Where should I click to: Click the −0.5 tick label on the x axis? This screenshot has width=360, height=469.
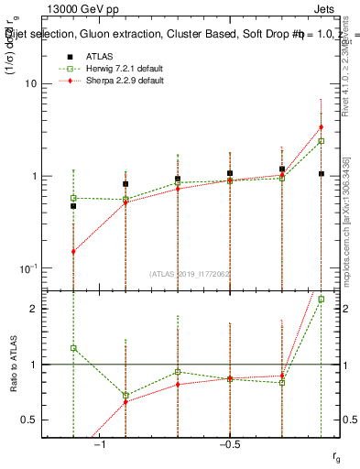tap(229, 443)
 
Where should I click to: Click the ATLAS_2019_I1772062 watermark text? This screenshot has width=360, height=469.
tap(191, 274)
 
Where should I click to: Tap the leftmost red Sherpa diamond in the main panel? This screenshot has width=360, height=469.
tap(73, 251)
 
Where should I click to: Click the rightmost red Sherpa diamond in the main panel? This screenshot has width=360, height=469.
tap(321, 126)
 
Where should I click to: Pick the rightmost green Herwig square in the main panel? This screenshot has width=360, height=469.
tap(321, 141)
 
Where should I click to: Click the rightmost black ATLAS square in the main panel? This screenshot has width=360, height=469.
tap(321, 173)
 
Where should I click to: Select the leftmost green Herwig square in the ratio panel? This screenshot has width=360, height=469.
tap(73, 348)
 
